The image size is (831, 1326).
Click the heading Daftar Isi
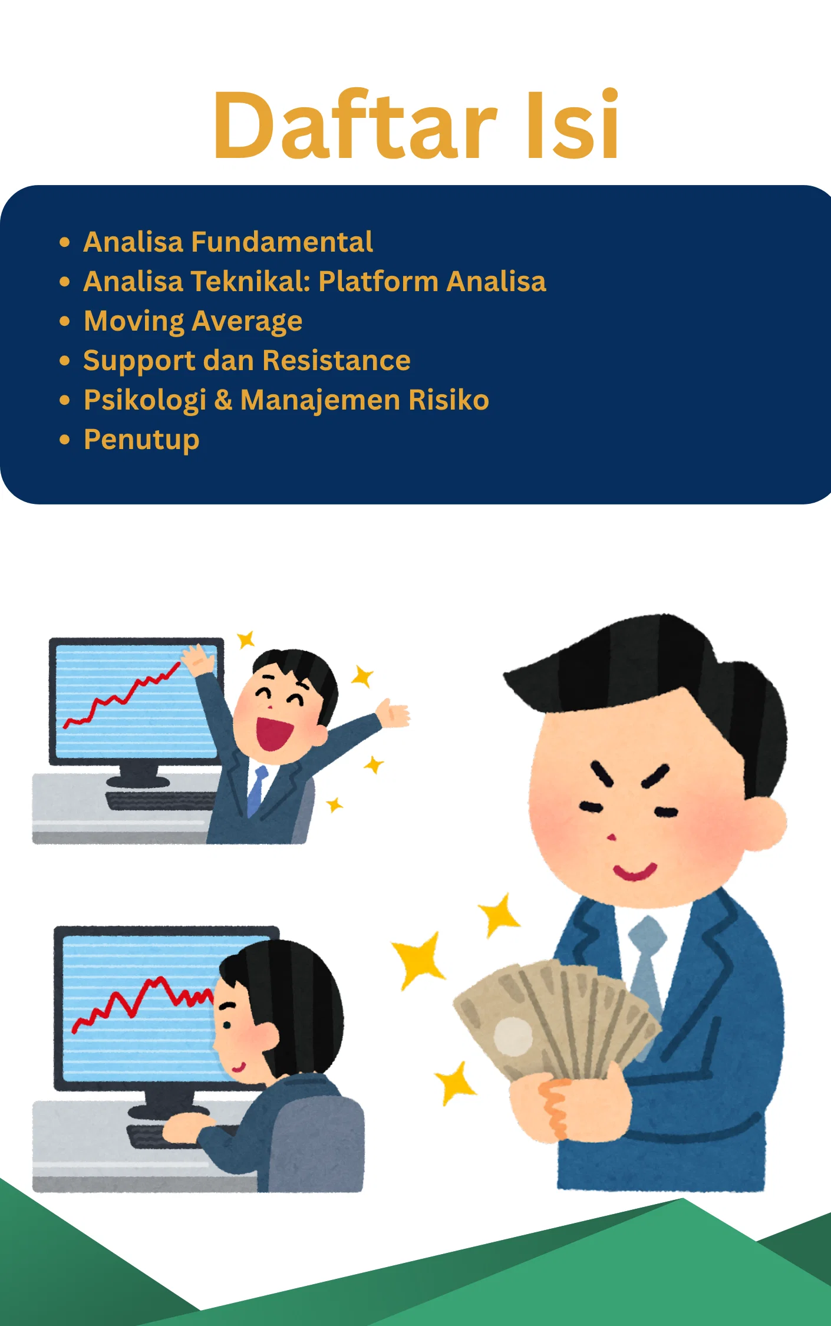416,125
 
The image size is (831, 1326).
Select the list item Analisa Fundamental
228,242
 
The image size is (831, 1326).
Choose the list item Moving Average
193,322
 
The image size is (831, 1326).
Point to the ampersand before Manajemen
223,400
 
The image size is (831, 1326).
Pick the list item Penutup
141,440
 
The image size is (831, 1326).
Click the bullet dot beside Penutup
65,440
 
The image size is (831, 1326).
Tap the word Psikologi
145,401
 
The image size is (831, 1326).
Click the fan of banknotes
554,1016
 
